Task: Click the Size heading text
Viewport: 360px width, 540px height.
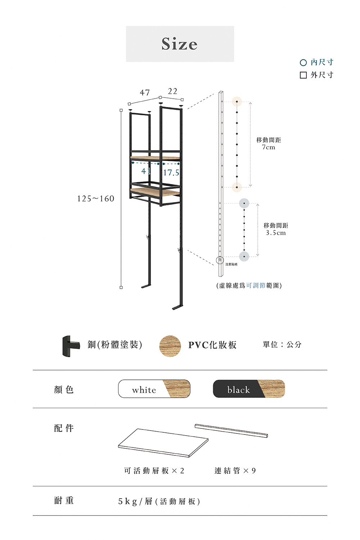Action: point(179,44)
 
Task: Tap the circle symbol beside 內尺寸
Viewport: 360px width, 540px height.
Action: point(303,63)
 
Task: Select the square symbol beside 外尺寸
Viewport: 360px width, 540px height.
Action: point(303,75)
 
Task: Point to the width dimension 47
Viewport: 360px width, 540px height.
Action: point(145,93)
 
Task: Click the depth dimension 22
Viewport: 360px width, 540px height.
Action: point(173,91)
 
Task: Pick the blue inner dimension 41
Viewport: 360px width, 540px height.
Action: point(146,171)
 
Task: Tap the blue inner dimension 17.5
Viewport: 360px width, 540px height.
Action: point(171,173)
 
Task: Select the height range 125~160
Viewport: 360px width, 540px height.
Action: point(95,199)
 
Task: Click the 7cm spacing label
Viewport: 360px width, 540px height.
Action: point(269,144)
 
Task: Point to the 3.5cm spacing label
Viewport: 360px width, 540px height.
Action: point(276,229)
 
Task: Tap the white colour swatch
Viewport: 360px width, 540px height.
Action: point(154,389)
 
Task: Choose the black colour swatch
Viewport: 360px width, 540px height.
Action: point(249,389)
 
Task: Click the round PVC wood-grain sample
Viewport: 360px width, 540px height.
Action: point(170,346)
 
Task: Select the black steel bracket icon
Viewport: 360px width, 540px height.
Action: point(70,346)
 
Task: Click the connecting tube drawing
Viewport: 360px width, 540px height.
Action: point(231,431)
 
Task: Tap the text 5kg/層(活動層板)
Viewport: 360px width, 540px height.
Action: point(159,501)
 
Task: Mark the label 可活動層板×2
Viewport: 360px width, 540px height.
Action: point(154,471)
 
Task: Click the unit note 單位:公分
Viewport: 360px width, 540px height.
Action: point(282,345)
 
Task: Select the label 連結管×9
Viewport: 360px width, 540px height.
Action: point(235,471)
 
